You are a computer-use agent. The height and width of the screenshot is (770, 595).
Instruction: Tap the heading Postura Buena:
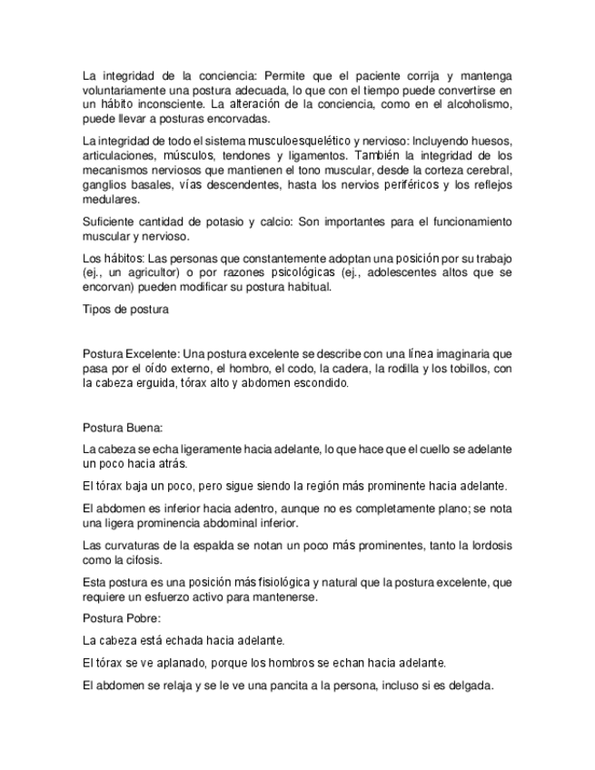coord(122,428)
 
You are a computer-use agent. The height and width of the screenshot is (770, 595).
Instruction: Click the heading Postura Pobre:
coord(121,618)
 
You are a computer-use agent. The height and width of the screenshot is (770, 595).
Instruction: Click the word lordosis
coord(489,545)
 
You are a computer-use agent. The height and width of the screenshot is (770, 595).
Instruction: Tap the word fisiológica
coord(315,582)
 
